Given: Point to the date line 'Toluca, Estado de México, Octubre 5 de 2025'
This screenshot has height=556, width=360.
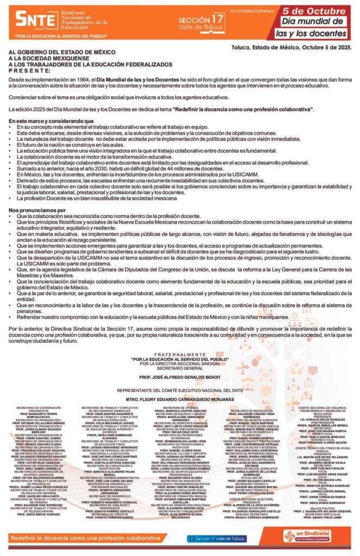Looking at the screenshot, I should [290, 48].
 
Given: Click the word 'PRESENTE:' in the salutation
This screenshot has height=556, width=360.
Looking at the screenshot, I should [30, 70].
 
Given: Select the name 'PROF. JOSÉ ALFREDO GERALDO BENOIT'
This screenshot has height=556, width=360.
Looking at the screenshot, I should [179, 376].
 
